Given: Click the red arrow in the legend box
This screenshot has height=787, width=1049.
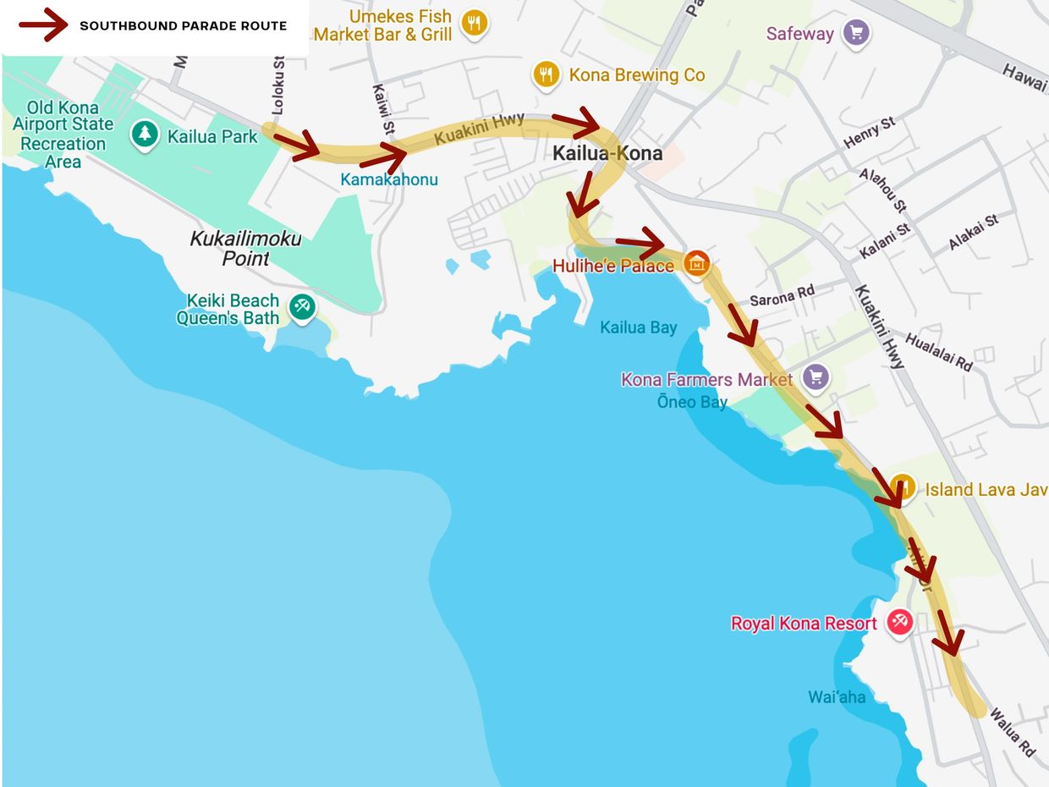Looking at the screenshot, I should coord(43,25).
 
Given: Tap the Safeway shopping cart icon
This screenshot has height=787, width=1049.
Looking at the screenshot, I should coord(856,34).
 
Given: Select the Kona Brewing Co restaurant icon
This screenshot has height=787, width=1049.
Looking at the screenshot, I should coord(546,75).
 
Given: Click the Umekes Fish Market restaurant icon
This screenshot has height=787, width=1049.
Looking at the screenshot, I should coord(475,23).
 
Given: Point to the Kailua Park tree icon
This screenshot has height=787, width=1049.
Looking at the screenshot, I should coord(145,133).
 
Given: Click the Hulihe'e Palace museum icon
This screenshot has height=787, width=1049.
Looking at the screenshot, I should coord(697,264).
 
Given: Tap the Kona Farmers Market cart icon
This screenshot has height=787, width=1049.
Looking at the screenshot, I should coord(816,377).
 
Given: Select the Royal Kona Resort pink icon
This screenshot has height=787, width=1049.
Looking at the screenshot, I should coord(898,622).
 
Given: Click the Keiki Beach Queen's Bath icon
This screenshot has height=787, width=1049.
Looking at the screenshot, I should coord(301,306).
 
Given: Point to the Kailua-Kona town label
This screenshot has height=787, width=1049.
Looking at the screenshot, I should coord(607,154).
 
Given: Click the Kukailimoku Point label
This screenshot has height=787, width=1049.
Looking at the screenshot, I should coord(244,248).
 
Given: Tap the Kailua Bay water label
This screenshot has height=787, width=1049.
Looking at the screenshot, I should coord(638,327).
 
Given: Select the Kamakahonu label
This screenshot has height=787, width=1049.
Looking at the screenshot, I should coord(388,179).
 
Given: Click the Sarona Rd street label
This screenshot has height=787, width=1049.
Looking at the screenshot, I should coord(781,295).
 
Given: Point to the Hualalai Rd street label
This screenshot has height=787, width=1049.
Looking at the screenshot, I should coord(938,352).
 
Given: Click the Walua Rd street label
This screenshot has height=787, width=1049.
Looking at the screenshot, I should coord(1012,732).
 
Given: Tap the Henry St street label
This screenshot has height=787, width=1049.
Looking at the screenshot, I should coord(869,133).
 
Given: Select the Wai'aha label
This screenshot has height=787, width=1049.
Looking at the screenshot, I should coord(837,696).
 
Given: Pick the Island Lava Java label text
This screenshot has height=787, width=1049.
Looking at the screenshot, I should coord(985,490).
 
